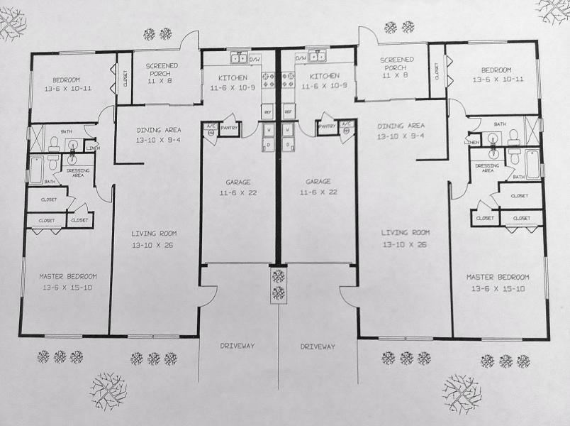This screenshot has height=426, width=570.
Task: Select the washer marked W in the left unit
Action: (x=269, y=130)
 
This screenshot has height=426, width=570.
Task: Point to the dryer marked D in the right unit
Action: (x=288, y=145)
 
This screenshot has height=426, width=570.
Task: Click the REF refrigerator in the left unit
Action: (x=268, y=112)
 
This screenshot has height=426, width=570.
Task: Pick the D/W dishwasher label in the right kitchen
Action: (x=300, y=58)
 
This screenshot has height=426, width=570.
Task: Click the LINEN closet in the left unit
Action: (x=92, y=148)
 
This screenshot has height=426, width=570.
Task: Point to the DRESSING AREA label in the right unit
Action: (x=487, y=168)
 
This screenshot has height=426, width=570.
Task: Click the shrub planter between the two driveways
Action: (x=278, y=284)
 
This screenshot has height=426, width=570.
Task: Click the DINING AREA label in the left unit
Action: (x=158, y=130)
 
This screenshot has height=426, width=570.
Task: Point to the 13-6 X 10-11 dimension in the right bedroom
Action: (x=497, y=80)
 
